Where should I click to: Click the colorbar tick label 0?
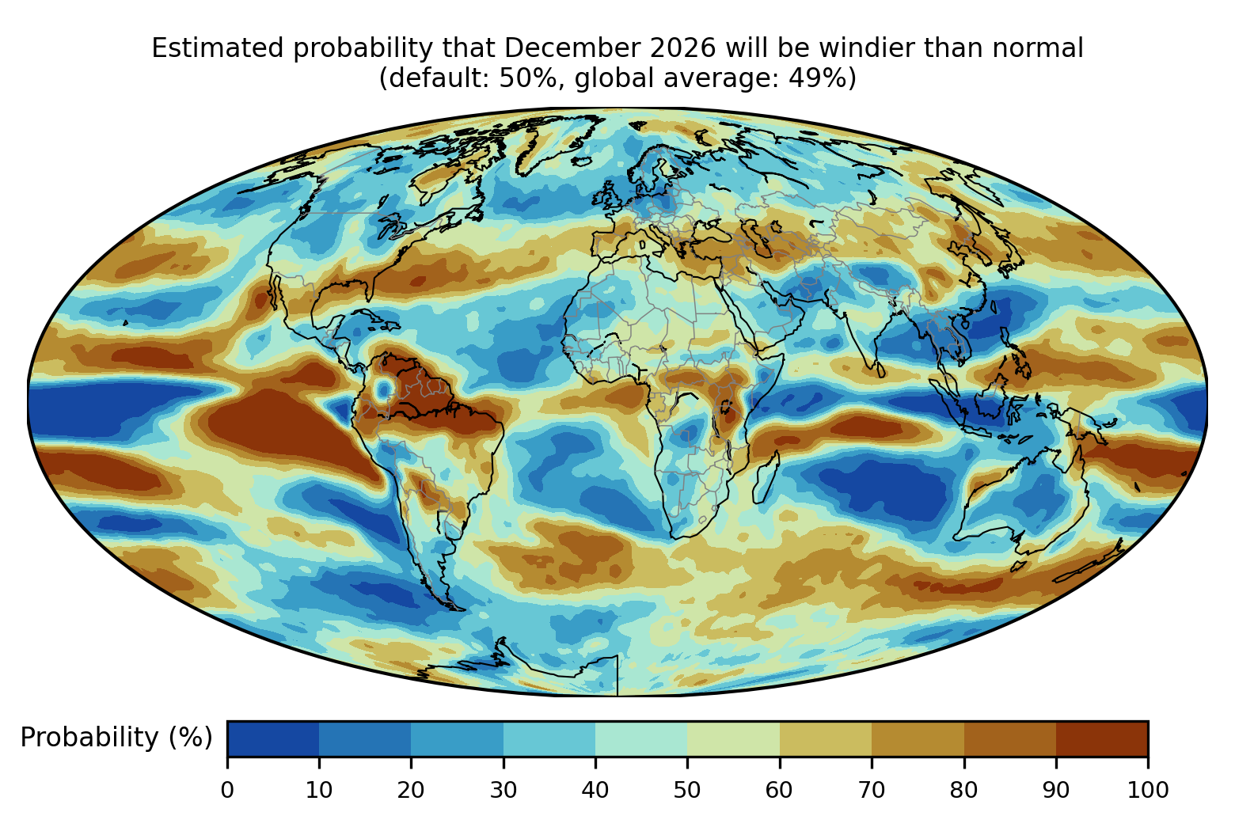(227, 791)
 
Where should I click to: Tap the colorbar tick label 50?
(687, 791)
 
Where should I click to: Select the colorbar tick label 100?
(1148, 791)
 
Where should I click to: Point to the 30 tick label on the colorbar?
(503, 791)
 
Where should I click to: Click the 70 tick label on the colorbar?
(872, 791)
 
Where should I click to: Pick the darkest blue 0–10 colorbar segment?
(273, 738)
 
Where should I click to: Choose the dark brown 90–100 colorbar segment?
(1102, 738)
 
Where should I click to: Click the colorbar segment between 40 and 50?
(641, 738)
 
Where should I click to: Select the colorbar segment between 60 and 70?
(826, 738)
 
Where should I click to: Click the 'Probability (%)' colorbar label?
(116, 738)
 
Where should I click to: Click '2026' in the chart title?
(683, 48)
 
